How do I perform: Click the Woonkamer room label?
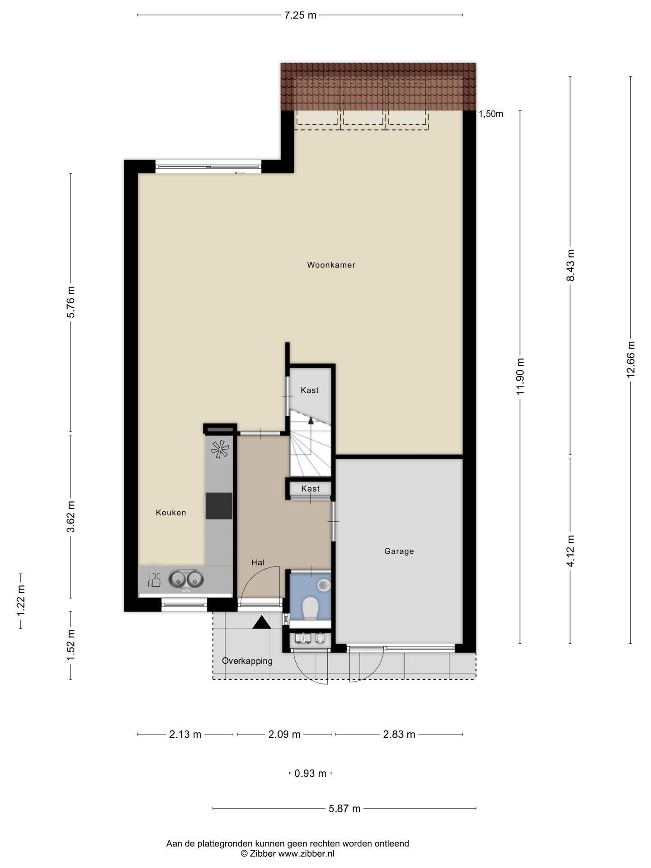(x=331, y=265)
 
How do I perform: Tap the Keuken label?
(x=171, y=512)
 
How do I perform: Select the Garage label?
(x=399, y=551)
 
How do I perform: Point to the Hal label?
(x=258, y=562)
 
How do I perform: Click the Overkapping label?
(x=247, y=661)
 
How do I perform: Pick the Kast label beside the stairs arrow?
(x=310, y=390)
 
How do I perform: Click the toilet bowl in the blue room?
(x=311, y=608)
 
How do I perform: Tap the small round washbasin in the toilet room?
(x=324, y=586)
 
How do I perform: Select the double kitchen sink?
(x=186, y=578)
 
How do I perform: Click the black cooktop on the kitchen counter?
(x=219, y=505)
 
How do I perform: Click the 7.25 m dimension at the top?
(x=300, y=15)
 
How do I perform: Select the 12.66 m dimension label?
(x=631, y=359)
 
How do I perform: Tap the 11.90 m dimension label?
(x=520, y=376)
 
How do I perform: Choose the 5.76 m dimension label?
(x=71, y=302)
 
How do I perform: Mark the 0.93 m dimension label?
(x=310, y=774)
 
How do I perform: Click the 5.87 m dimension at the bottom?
(x=344, y=808)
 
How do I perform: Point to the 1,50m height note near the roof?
(x=491, y=114)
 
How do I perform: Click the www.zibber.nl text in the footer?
(x=307, y=854)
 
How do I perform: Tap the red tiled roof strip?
(x=378, y=86)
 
